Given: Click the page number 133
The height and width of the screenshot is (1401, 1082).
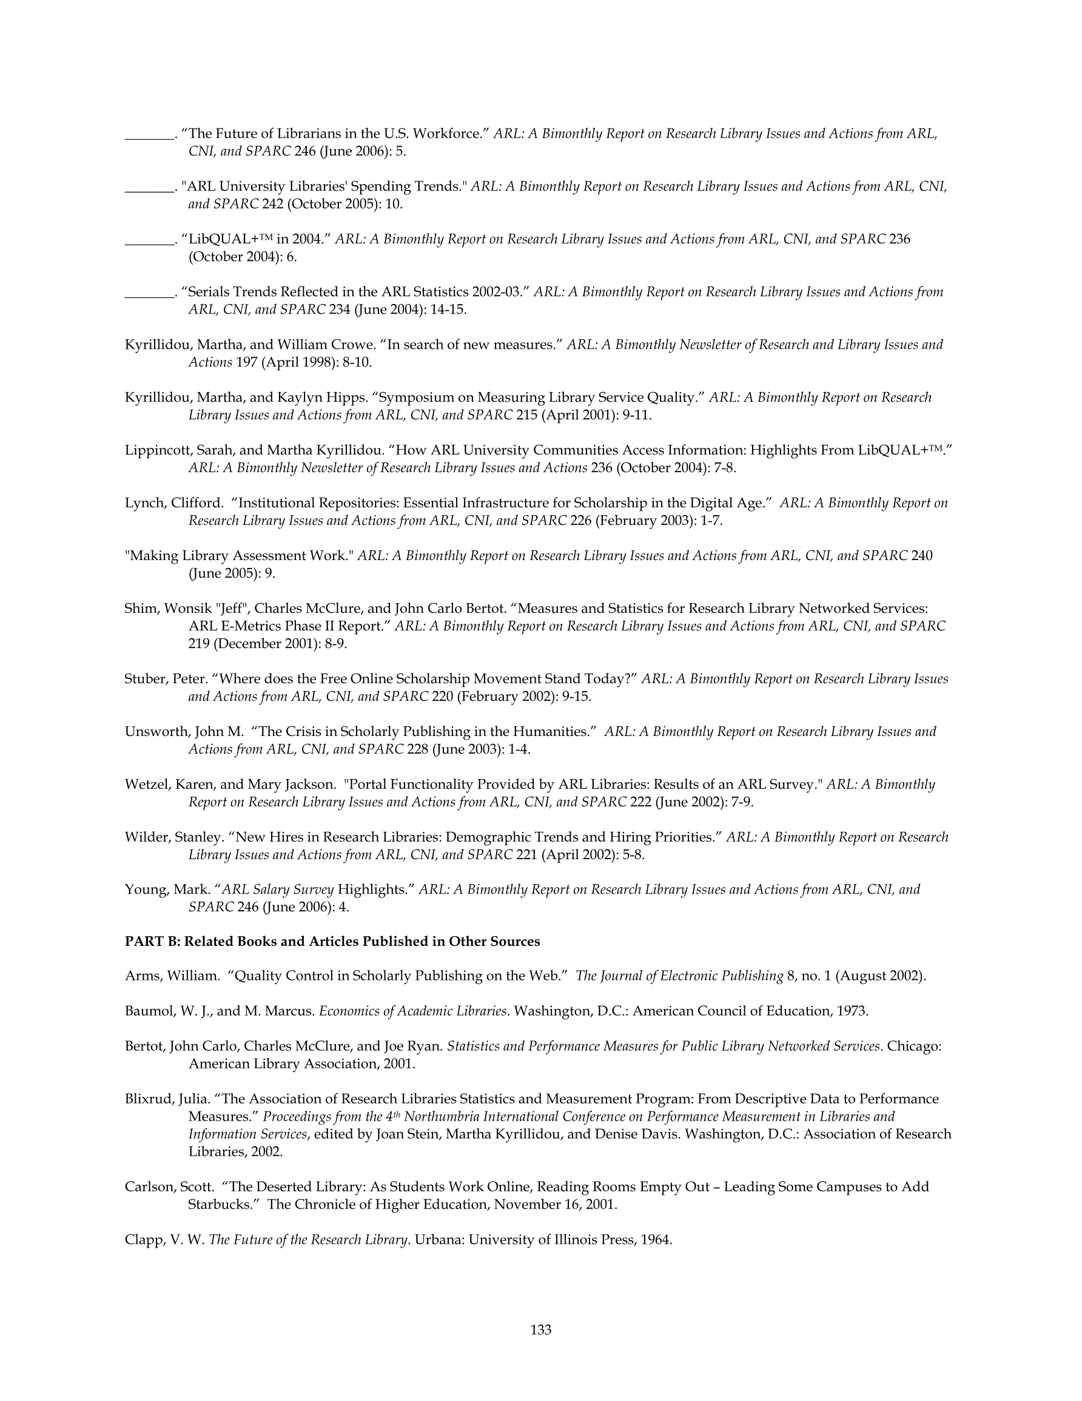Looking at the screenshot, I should (x=540, y=1329).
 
